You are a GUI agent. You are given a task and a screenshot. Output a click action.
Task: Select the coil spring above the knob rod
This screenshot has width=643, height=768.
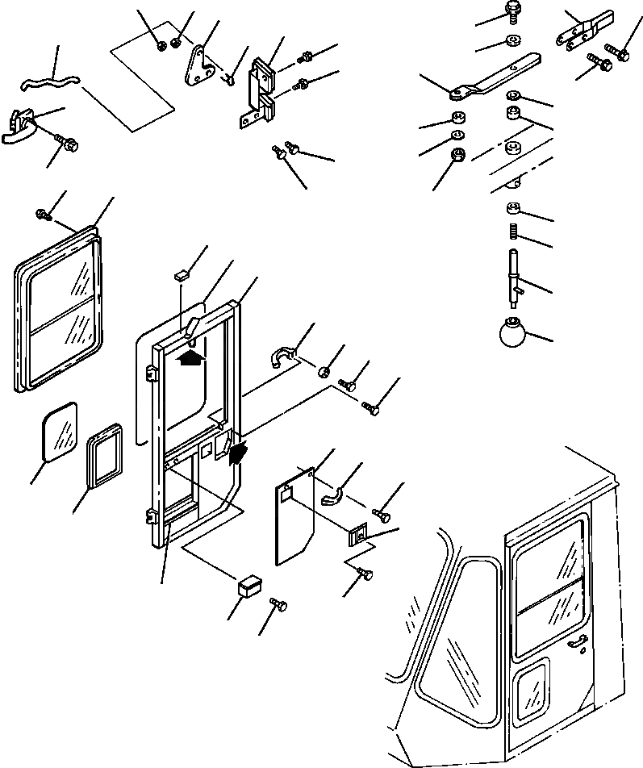[x=512, y=235]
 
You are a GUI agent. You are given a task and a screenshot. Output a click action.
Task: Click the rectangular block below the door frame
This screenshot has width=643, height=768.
[x=249, y=584]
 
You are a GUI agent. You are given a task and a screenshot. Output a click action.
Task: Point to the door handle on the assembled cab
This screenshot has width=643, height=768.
[x=575, y=641]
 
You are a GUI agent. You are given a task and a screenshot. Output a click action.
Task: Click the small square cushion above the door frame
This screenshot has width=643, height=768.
[x=181, y=275]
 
